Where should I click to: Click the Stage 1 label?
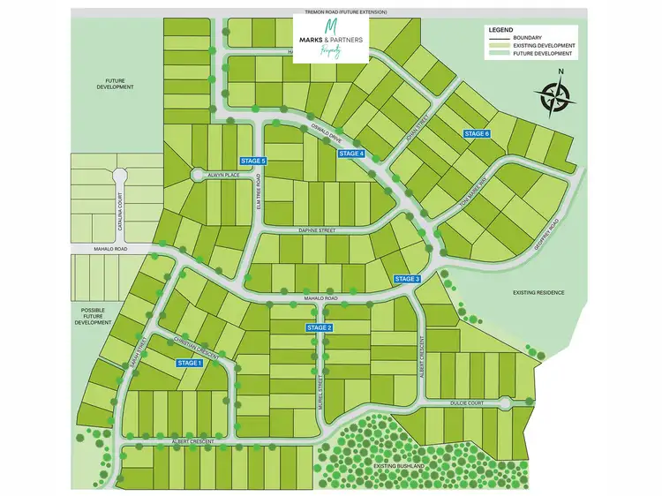(x=189, y=363)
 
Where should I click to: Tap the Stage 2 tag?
(x=320, y=328)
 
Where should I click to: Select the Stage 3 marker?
(x=407, y=279)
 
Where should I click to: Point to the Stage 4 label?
(x=351, y=154)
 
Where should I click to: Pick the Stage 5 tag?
(x=253, y=161)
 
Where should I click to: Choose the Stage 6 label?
(x=476, y=133)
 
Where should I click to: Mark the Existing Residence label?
(x=538, y=292)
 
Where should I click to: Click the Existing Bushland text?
(x=398, y=465)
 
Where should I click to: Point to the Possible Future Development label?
(x=94, y=318)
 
